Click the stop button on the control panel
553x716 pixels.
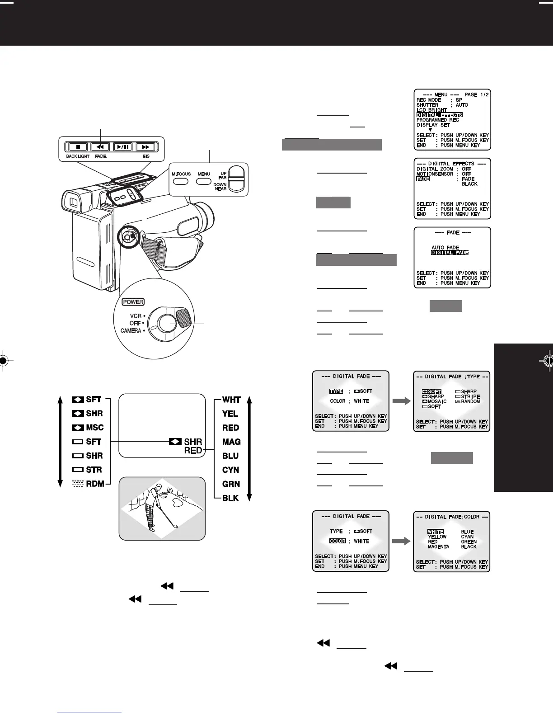[78, 147]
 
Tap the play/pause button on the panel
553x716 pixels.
[122, 147]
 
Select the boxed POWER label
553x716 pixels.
[133, 302]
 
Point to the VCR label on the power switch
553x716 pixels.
[136, 316]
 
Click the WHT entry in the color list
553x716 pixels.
[231, 400]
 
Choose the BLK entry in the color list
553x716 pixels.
[230, 498]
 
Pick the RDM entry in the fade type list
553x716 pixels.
[95, 484]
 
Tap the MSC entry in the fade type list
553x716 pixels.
[94, 428]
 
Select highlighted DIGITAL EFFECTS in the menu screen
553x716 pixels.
[439, 115]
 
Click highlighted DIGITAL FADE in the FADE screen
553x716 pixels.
[450, 253]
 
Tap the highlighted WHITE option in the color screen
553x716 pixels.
[436, 532]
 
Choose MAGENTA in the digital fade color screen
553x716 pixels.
[438, 546]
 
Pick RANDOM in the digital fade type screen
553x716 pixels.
[470, 401]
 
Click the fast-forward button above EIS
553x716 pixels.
[145, 147]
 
